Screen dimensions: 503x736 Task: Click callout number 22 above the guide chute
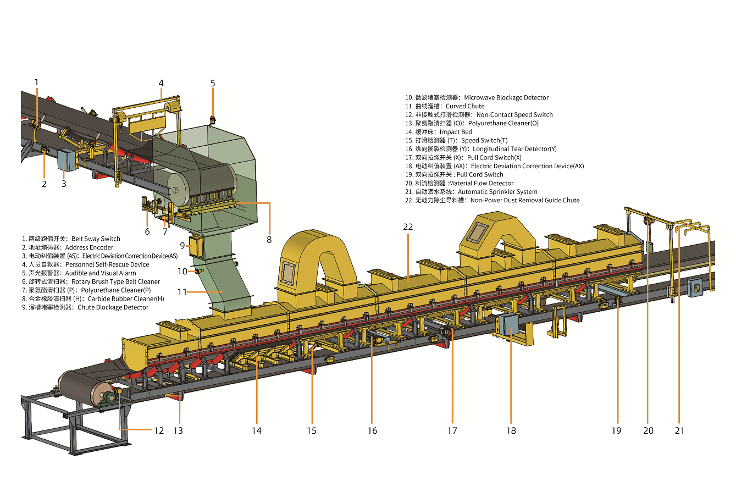coord(408,226)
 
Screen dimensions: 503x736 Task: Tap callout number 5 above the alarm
coord(213,84)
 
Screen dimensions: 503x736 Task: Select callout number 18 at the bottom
coord(511,430)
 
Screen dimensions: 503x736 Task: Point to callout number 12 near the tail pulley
coord(159,430)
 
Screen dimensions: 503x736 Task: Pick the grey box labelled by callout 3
coord(67,159)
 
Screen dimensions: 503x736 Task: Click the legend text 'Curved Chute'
coord(465,106)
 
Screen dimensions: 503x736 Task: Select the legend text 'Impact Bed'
coord(456,132)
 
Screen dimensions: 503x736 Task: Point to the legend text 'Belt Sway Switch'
coord(96,239)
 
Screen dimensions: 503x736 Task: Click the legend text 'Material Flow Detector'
coord(482,183)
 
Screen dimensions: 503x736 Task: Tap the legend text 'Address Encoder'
coord(89,247)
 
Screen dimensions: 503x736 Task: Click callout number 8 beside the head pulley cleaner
coord(269,240)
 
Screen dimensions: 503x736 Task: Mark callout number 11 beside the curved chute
coord(182,292)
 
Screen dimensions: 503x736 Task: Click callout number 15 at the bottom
coord(312,430)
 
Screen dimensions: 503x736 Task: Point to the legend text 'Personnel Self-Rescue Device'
coord(107,264)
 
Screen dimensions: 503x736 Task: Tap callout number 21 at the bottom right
coord(680,430)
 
